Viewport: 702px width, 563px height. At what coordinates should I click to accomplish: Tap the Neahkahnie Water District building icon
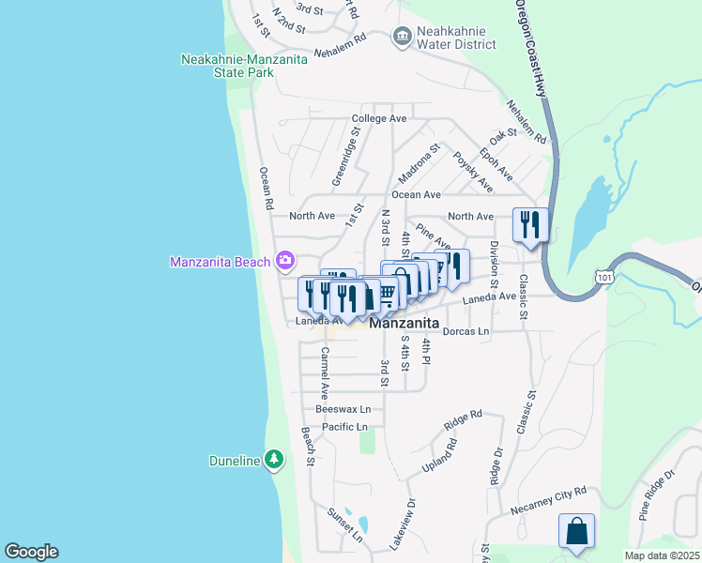coord(402,36)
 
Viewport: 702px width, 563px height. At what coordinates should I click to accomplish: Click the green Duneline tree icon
coord(273,460)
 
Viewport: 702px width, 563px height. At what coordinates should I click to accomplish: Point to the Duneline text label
coord(235,461)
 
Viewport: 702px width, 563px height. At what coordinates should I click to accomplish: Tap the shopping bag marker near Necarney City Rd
coord(576,531)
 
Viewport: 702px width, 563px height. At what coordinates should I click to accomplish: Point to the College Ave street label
coord(379,118)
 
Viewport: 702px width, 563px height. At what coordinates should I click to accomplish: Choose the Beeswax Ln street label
coord(343,409)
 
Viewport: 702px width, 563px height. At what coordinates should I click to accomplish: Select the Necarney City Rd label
coord(548,499)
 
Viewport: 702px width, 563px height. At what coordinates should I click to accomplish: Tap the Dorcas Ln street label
coord(466,331)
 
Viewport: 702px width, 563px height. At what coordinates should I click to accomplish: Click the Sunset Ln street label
coord(344,526)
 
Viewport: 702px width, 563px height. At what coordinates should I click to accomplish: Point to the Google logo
coord(31,552)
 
